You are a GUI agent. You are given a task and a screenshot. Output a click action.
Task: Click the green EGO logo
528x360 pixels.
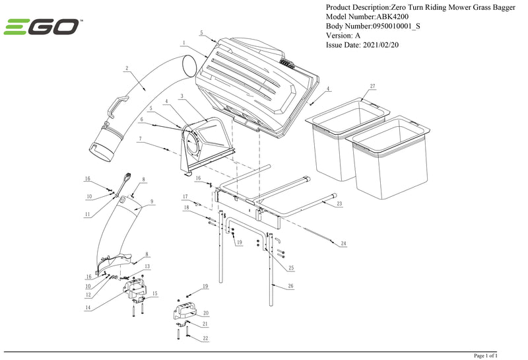pos(42,27)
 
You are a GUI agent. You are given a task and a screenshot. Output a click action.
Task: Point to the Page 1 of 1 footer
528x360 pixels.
pos(485,355)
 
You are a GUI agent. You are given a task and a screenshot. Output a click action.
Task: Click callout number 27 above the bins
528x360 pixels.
pos(373,87)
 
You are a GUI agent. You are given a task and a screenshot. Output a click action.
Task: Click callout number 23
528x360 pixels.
pos(339,205)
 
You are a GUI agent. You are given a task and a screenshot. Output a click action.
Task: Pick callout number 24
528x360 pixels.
pos(343,244)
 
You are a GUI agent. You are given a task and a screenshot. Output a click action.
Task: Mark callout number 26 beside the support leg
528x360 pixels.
pos(290,287)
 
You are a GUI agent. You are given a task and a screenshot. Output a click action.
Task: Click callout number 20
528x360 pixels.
pos(206,312)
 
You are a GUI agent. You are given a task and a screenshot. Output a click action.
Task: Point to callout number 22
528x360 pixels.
pos(206,338)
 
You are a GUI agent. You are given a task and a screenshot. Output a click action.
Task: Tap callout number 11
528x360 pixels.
pos(88,214)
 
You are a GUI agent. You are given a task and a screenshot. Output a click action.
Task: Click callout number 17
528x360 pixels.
pos(186,196)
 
